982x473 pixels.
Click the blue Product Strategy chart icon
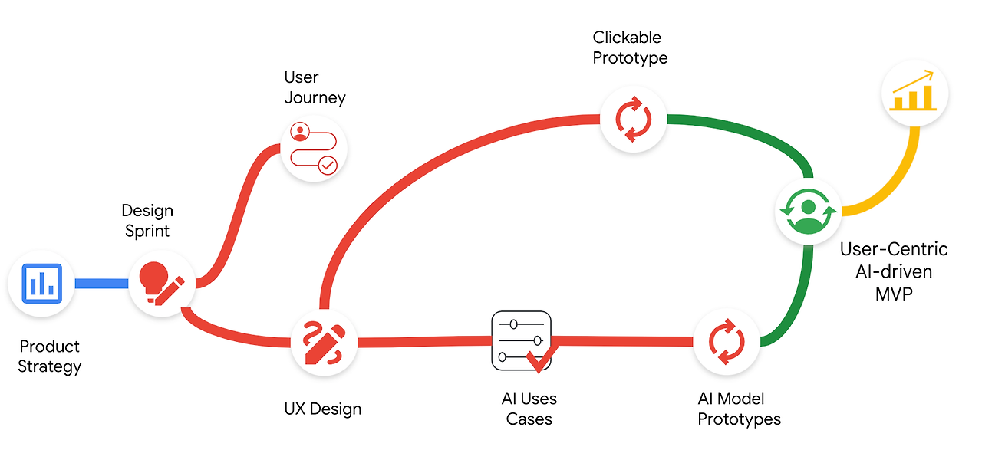point(41,284)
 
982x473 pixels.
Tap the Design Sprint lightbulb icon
point(161,284)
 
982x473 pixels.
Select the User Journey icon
point(314,149)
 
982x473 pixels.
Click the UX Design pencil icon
point(324,343)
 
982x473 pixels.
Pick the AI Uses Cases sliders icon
point(522,340)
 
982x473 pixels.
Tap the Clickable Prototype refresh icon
point(634,120)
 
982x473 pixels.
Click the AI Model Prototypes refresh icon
point(727,342)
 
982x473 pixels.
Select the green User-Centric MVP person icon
point(809,211)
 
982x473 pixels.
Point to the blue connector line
point(102,284)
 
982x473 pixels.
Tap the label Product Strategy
point(50,356)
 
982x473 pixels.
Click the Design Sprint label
point(147,220)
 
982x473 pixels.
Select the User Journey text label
point(315,87)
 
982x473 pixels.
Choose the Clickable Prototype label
point(630,48)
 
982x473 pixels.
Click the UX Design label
point(323,409)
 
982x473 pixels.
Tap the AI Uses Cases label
point(529,409)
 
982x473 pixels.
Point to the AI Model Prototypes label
point(739,409)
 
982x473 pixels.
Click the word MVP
point(894,294)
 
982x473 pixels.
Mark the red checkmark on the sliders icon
point(542,358)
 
